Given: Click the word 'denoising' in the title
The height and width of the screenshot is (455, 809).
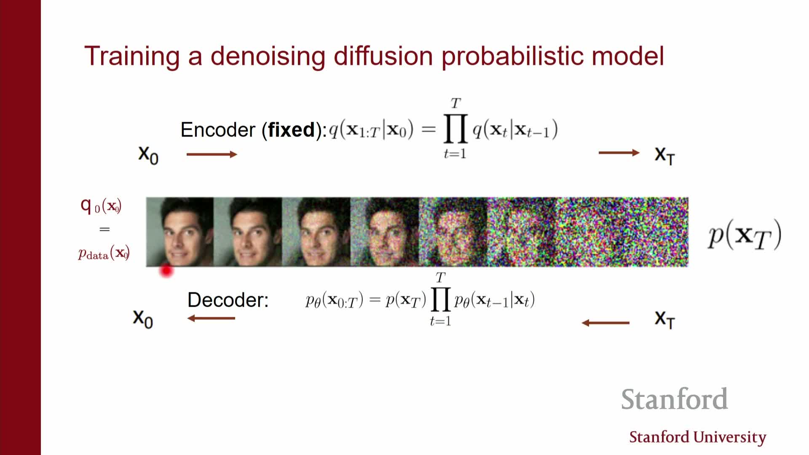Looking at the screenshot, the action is (268, 56).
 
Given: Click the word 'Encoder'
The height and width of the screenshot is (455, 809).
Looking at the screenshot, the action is (218, 129).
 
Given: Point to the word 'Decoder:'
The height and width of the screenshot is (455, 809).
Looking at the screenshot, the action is (228, 300).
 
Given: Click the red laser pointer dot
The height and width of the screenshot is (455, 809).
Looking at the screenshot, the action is (166, 271).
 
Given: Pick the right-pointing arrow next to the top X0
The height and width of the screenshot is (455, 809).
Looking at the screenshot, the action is (212, 154).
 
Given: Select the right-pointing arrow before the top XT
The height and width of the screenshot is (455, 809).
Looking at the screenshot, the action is (619, 153).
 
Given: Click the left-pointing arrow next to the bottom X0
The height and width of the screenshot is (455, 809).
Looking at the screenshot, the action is (211, 318).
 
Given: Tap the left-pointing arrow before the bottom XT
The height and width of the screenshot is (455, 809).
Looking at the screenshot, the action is (605, 323).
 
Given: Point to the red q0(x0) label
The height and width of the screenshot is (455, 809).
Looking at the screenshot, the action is (101, 206).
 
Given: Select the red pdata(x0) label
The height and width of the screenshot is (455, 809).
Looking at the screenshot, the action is (104, 253).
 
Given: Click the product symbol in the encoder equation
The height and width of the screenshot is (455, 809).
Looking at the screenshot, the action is (455, 128).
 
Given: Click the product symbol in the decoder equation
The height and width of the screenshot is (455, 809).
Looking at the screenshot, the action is (441, 299).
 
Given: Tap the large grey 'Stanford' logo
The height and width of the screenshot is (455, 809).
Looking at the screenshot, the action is (675, 399).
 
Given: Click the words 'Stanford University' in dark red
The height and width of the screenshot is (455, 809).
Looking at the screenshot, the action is (698, 437).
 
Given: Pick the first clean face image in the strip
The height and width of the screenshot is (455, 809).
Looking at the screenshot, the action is (180, 232).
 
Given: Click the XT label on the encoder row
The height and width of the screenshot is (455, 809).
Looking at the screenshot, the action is (665, 155).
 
